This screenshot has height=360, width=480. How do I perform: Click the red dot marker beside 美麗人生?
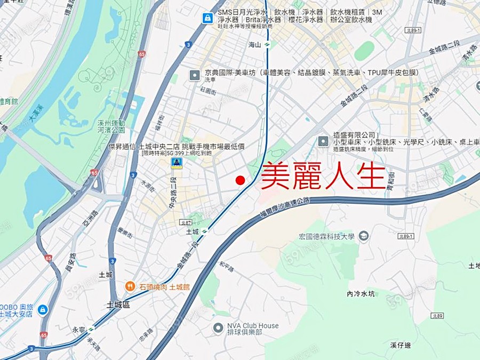click(240, 180)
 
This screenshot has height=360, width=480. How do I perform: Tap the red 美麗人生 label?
click(323, 176)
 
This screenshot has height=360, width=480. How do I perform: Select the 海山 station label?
click(255, 45)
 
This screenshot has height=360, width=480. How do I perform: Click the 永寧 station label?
click(78, 329)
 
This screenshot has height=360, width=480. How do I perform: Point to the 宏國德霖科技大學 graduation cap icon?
click(364, 236)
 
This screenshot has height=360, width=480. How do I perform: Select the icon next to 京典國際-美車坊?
click(195, 75)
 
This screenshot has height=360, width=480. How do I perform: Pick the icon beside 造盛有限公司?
click(323, 141)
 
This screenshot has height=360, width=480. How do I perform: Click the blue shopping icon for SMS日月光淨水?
click(206, 18)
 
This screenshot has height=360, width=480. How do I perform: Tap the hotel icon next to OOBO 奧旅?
click(43, 310)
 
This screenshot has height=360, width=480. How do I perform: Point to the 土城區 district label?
click(118, 305)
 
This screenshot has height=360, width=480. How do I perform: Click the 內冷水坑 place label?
click(361, 294)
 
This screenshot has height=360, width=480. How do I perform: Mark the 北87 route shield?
click(185, 223)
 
